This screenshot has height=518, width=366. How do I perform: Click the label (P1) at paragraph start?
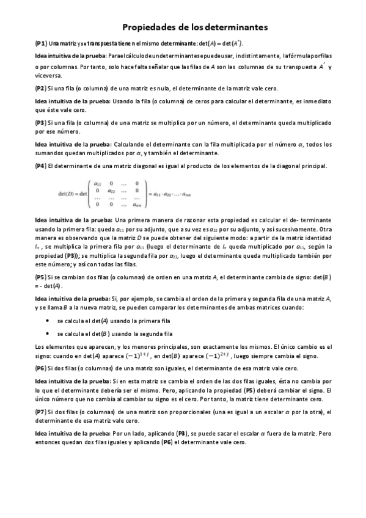pos(41,44)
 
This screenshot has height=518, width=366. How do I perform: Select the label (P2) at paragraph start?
pos(41,89)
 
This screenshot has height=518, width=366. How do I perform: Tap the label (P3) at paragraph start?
pos(41,122)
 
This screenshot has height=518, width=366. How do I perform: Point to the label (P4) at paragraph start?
pos(41,166)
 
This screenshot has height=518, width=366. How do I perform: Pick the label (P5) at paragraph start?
pos(41,277)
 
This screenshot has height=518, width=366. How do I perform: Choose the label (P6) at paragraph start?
pos(41,368)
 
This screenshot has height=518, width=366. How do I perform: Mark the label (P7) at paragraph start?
pos(41,412)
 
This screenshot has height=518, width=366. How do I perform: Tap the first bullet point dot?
pos(48,319)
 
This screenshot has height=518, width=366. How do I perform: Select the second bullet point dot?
pos(48,334)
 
